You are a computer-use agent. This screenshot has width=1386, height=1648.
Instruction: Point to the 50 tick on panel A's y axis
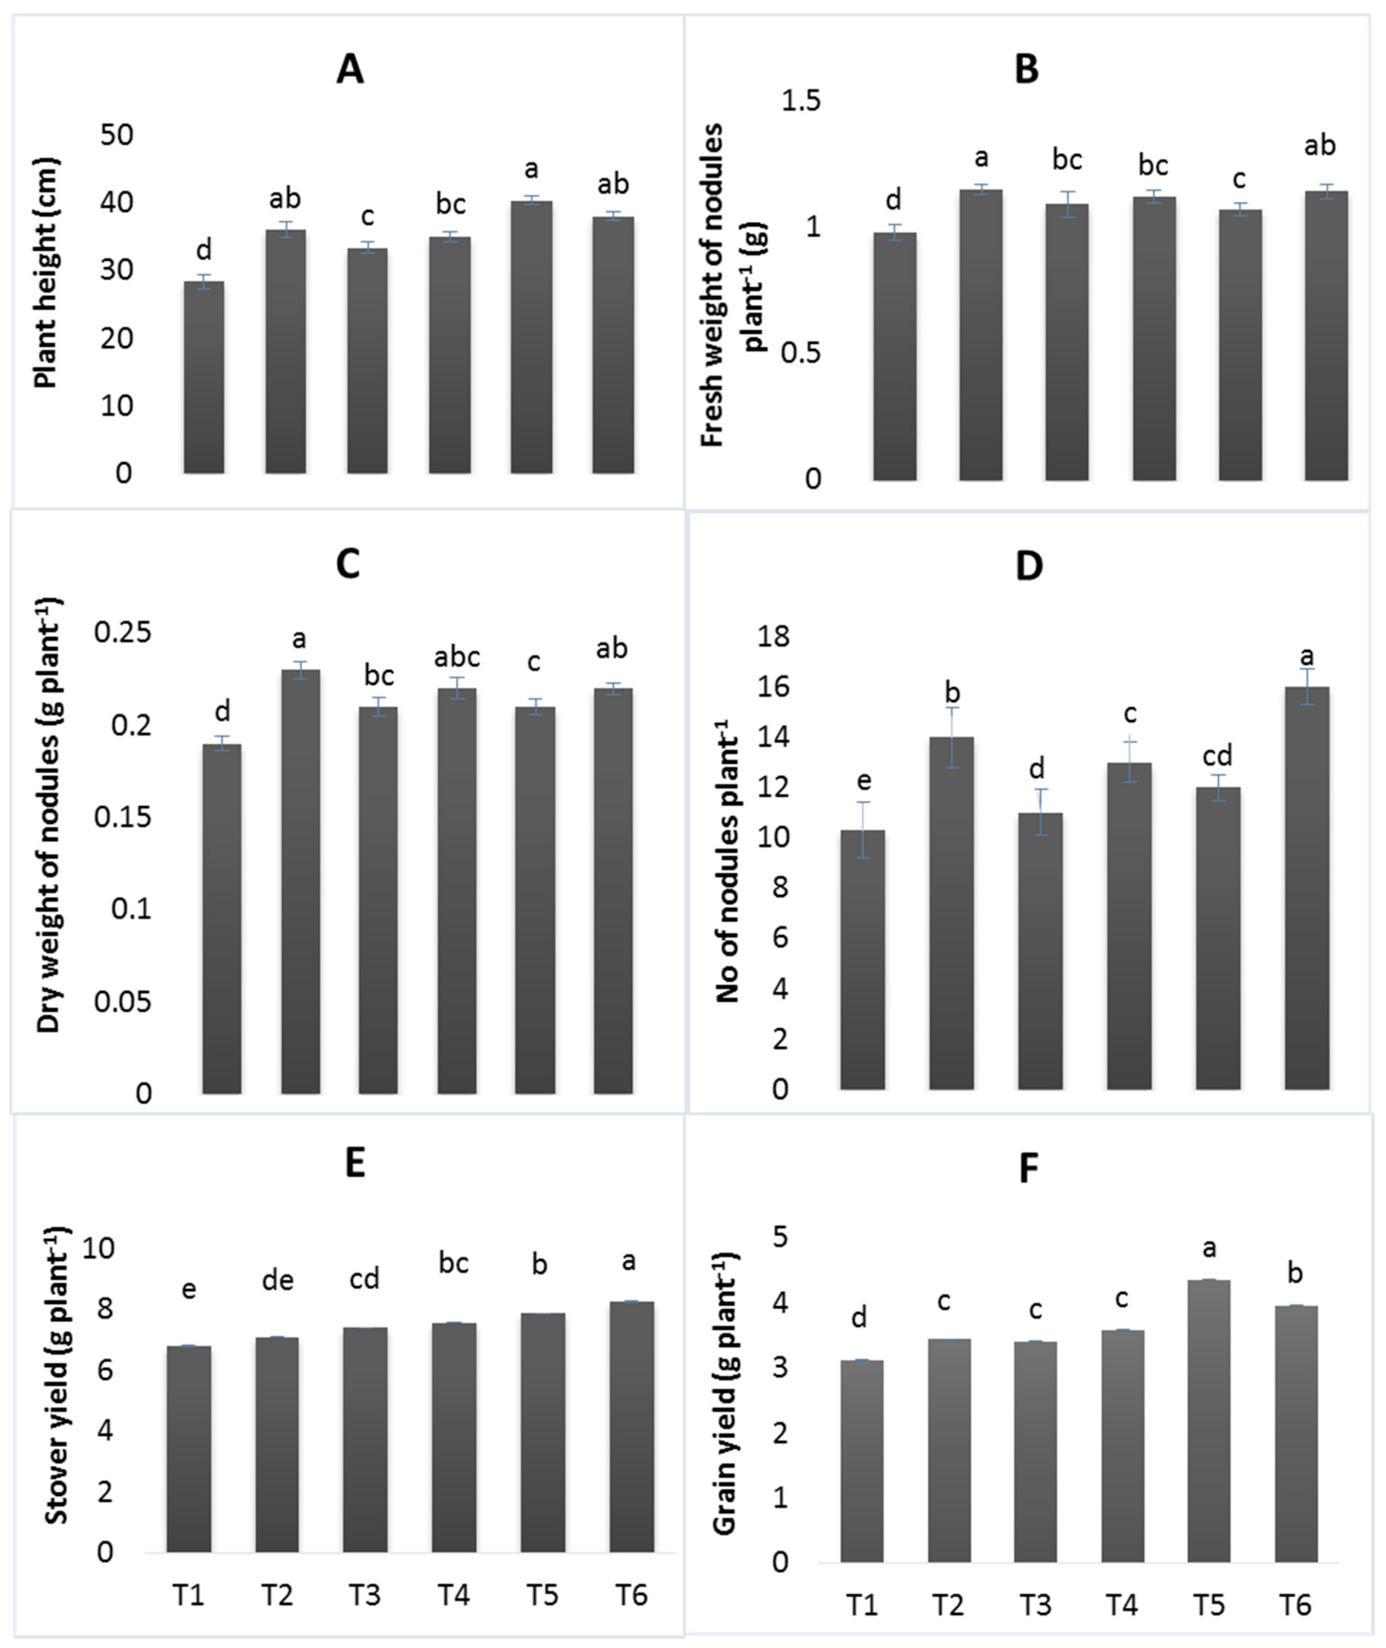coord(117,135)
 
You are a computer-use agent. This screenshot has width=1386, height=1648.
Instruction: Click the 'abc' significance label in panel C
coord(456,657)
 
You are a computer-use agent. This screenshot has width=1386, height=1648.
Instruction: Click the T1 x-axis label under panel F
coord(862,1605)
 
